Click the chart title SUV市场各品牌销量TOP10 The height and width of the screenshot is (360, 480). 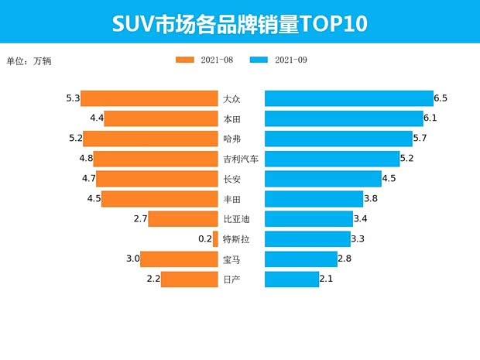(x=239, y=23)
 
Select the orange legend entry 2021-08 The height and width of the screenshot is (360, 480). (x=204, y=60)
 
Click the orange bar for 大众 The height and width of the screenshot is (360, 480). (x=149, y=98)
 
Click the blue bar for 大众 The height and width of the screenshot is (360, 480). (x=348, y=98)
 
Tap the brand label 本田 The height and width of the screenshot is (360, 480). (x=231, y=118)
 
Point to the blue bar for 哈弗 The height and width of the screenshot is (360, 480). (x=338, y=139)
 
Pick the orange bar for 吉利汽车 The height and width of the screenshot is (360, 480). (x=156, y=159)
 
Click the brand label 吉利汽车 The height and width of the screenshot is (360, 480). (x=240, y=159)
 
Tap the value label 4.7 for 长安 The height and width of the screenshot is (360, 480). (x=87, y=179)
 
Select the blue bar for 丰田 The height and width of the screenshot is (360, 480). (x=314, y=199)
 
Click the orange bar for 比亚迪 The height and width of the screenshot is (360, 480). (x=183, y=219)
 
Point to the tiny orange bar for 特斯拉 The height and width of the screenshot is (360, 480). (x=215, y=239)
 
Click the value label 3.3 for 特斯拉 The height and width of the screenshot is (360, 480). (x=358, y=239)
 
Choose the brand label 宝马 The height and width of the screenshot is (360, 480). (x=231, y=259)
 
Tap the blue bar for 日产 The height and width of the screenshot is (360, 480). (x=291, y=279)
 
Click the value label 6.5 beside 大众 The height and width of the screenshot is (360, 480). (x=441, y=98)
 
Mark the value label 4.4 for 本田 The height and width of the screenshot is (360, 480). (x=97, y=118)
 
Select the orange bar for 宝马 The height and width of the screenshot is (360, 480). (x=179, y=259)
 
